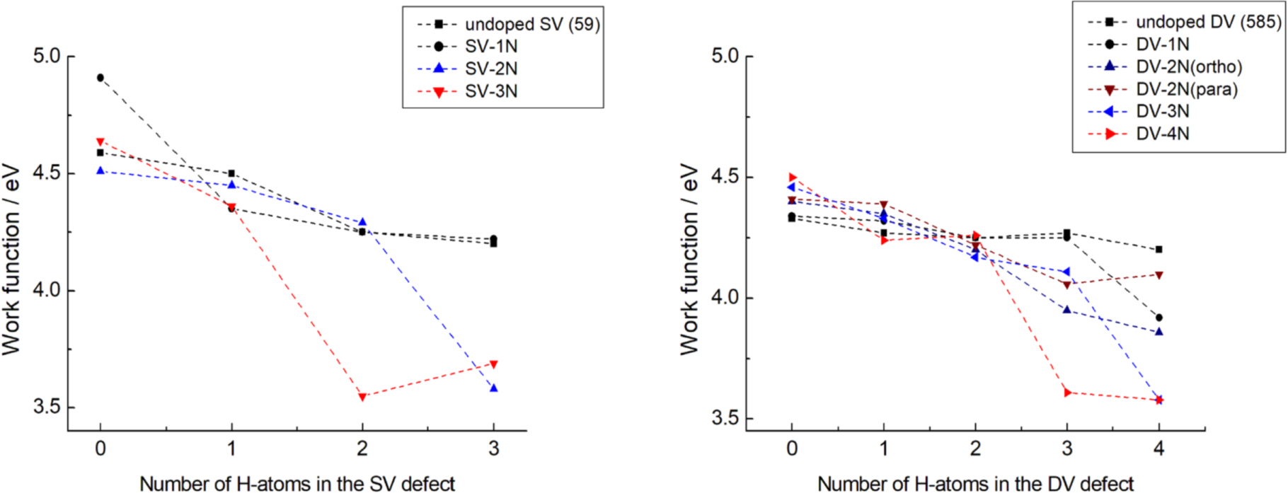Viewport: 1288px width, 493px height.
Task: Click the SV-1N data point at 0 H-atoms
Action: point(100,78)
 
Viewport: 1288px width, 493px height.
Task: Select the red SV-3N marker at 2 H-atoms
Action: point(362,397)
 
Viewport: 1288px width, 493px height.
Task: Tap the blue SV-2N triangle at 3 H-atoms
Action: point(494,388)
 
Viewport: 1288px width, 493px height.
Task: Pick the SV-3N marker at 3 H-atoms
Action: point(494,364)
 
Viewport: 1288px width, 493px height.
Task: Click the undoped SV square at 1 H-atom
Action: point(231,173)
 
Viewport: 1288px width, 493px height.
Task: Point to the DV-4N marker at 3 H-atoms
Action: point(1067,393)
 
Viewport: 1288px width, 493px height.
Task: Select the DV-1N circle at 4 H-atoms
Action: point(1158,318)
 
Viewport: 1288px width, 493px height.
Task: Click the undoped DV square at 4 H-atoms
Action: point(1158,250)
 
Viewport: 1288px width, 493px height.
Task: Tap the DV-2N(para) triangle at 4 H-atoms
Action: point(1158,275)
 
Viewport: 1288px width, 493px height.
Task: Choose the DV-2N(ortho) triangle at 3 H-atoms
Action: point(1067,310)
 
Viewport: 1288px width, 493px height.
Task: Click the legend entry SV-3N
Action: point(490,91)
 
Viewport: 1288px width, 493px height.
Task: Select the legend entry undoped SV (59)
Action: point(531,24)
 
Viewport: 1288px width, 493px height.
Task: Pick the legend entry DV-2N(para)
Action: point(1187,89)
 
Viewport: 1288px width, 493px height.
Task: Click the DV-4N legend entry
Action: point(1162,134)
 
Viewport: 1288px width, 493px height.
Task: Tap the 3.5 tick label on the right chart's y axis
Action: point(725,418)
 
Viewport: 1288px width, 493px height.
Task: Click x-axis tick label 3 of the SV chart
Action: point(494,448)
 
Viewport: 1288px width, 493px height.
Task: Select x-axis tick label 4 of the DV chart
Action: point(1158,448)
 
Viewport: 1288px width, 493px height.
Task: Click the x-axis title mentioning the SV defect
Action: point(297,484)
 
